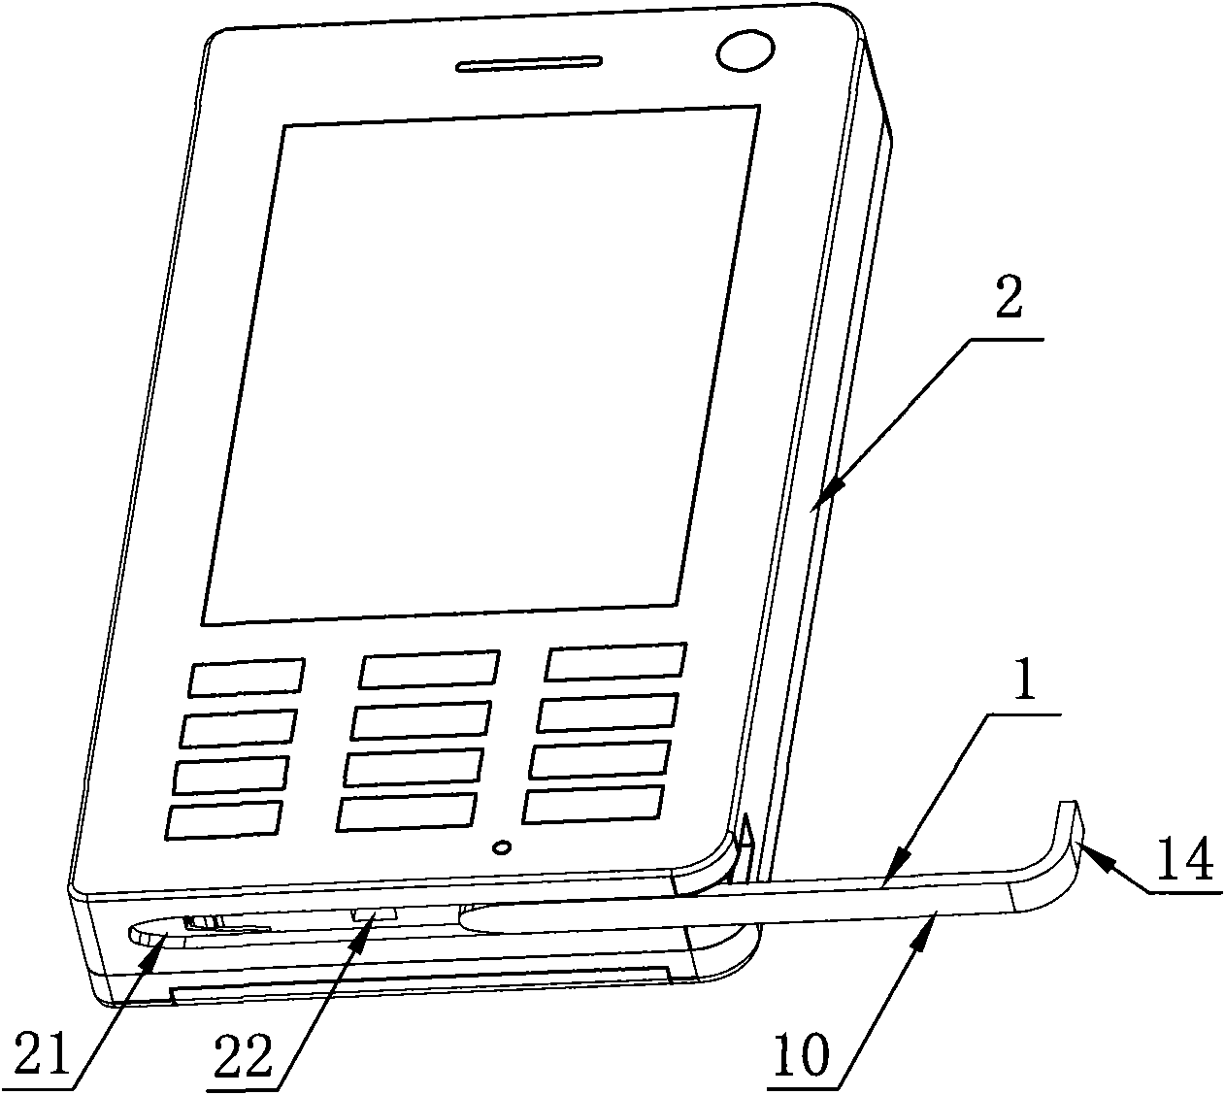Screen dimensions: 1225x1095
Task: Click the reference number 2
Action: tap(1008, 297)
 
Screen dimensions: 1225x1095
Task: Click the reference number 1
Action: tap(1024, 678)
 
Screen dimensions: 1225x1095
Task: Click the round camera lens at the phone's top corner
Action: tap(745, 52)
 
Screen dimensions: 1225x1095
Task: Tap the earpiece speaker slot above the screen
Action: tap(529, 63)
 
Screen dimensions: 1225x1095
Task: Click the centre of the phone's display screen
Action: tap(480, 365)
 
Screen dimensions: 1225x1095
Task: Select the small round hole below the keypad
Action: tap(502, 847)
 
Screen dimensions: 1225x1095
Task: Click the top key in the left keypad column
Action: tap(247, 678)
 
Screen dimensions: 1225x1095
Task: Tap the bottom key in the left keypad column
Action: tap(224, 820)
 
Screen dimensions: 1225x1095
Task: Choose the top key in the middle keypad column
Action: tap(429, 670)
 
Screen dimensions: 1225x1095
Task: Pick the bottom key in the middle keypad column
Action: tap(407, 813)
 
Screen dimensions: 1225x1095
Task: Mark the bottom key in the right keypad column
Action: tap(592, 804)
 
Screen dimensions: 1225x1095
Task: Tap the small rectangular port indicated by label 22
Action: tap(375, 913)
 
